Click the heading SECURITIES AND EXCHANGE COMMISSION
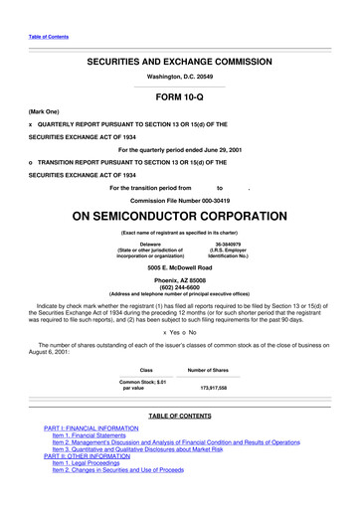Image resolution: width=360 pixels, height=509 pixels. pos(179,62)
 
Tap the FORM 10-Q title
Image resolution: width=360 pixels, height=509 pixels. pos(179,97)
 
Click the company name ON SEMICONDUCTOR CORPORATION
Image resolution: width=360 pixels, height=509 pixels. pos(179,218)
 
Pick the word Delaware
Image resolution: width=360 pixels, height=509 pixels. pos(151,243)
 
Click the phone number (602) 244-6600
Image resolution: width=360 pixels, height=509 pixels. pos(179,288)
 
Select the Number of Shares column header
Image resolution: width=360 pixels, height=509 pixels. pos(213,370)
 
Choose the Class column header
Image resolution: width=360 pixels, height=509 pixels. pos(146,370)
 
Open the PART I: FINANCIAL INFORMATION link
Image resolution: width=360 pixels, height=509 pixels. pos(91,427)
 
